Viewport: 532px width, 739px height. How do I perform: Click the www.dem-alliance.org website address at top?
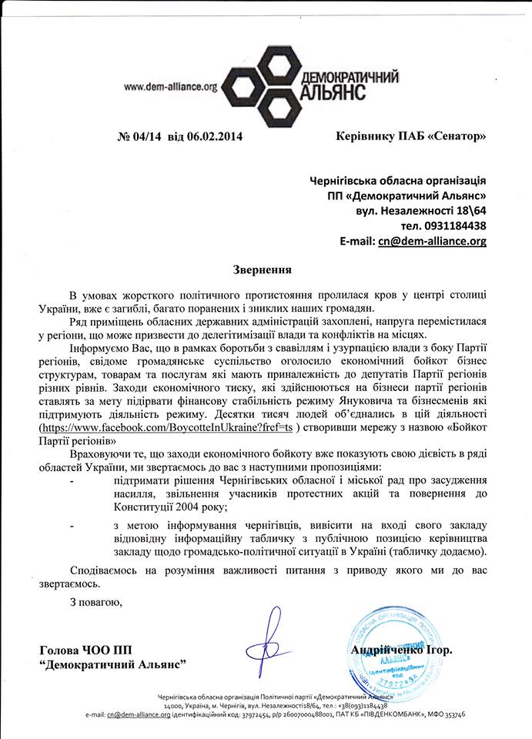coord(171,88)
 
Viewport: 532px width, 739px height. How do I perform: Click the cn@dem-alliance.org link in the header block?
coord(431,241)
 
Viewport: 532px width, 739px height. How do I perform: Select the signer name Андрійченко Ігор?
coord(402,650)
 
